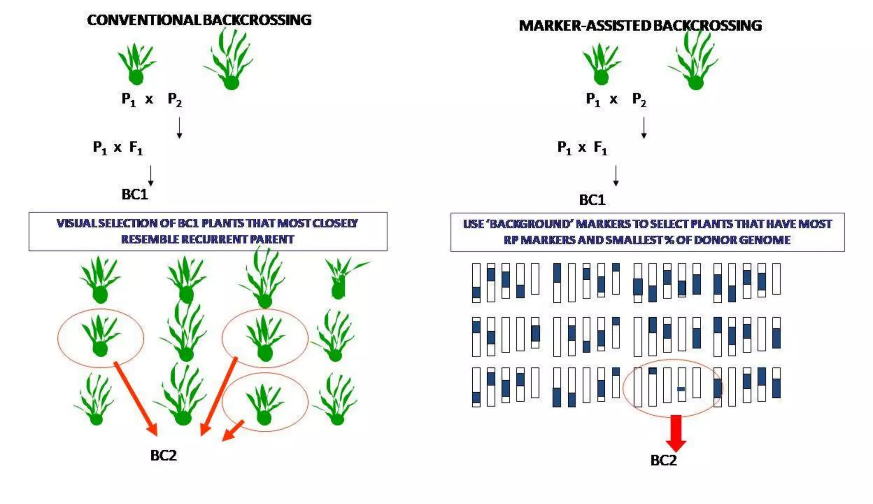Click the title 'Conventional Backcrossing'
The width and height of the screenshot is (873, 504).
pyautogui.click(x=199, y=20)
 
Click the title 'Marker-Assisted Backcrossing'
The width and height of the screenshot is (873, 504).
pyautogui.click(x=640, y=26)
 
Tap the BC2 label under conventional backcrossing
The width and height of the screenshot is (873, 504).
pyautogui.click(x=163, y=455)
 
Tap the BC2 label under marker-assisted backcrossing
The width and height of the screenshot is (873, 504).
pyautogui.click(x=663, y=461)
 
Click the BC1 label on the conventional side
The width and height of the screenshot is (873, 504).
pyautogui.click(x=135, y=194)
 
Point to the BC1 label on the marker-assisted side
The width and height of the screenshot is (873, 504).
pyautogui.click(x=592, y=200)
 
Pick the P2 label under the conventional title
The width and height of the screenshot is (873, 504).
pyautogui.click(x=175, y=100)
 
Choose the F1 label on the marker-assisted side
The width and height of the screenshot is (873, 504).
pyautogui.click(x=601, y=148)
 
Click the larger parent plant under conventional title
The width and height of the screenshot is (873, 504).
pyautogui.click(x=229, y=60)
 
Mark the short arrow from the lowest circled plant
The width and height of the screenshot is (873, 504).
pyautogui.click(x=233, y=431)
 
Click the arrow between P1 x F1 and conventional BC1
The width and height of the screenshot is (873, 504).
pyautogui.click(x=150, y=176)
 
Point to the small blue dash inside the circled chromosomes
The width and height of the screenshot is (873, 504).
pyautogui.click(x=681, y=389)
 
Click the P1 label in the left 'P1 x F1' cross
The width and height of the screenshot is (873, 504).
pyautogui.click(x=100, y=148)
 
